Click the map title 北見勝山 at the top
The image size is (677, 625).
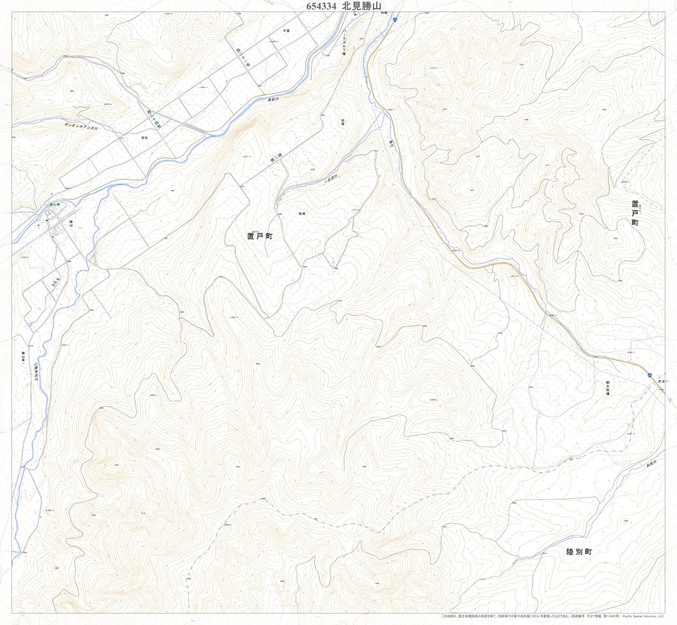pyautogui.click(x=363, y=6)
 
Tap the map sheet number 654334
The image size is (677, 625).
pyautogui.click(x=321, y=6)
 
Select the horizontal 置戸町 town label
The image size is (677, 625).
pyautogui.click(x=260, y=236)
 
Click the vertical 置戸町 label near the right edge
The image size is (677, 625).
pyautogui.click(x=635, y=213)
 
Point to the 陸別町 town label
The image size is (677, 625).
pyautogui.click(x=579, y=552)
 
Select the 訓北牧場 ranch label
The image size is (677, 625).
pyautogui.click(x=608, y=388)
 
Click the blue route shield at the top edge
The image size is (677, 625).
pyautogui.click(x=394, y=19)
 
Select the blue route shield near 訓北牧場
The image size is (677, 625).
pyautogui.click(x=649, y=376)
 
